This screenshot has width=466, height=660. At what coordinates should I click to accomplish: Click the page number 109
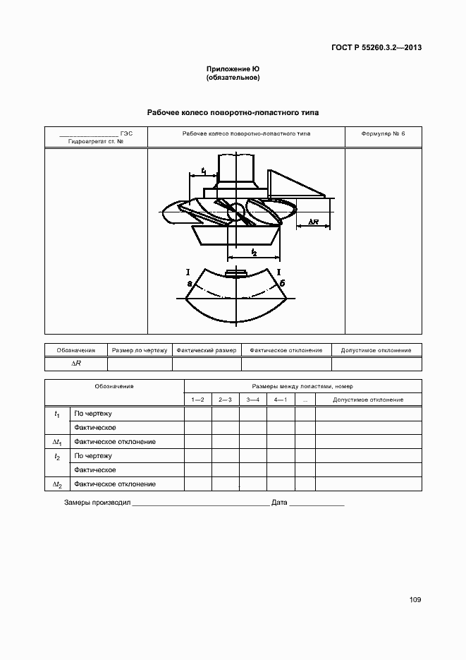click(x=415, y=599)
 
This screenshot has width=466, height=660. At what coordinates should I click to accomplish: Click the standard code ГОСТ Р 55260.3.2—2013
click(x=376, y=47)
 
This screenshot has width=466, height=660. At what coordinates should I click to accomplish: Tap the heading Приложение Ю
click(x=233, y=69)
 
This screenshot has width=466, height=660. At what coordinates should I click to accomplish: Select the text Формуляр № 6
click(x=383, y=133)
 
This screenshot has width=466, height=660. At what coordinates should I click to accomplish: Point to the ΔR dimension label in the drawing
click(x=314, y=222)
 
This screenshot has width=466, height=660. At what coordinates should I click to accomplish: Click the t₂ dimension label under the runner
click(x=254, y=252)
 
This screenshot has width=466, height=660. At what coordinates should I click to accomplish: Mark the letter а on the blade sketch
click(x=190, y=284)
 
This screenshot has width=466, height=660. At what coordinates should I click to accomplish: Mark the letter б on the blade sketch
click(x=283, y=283)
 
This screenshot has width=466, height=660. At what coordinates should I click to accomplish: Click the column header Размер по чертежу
click(x=140, y=350)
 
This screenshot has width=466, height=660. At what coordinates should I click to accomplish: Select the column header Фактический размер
click(x=207, y=350)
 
